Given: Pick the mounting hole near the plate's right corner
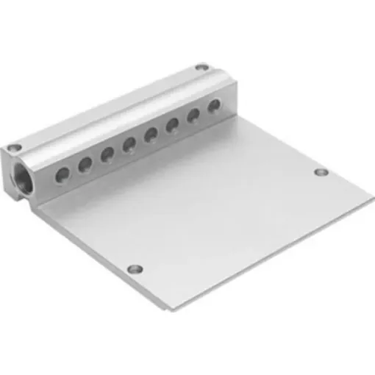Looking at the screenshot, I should (x=321, y=173).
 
